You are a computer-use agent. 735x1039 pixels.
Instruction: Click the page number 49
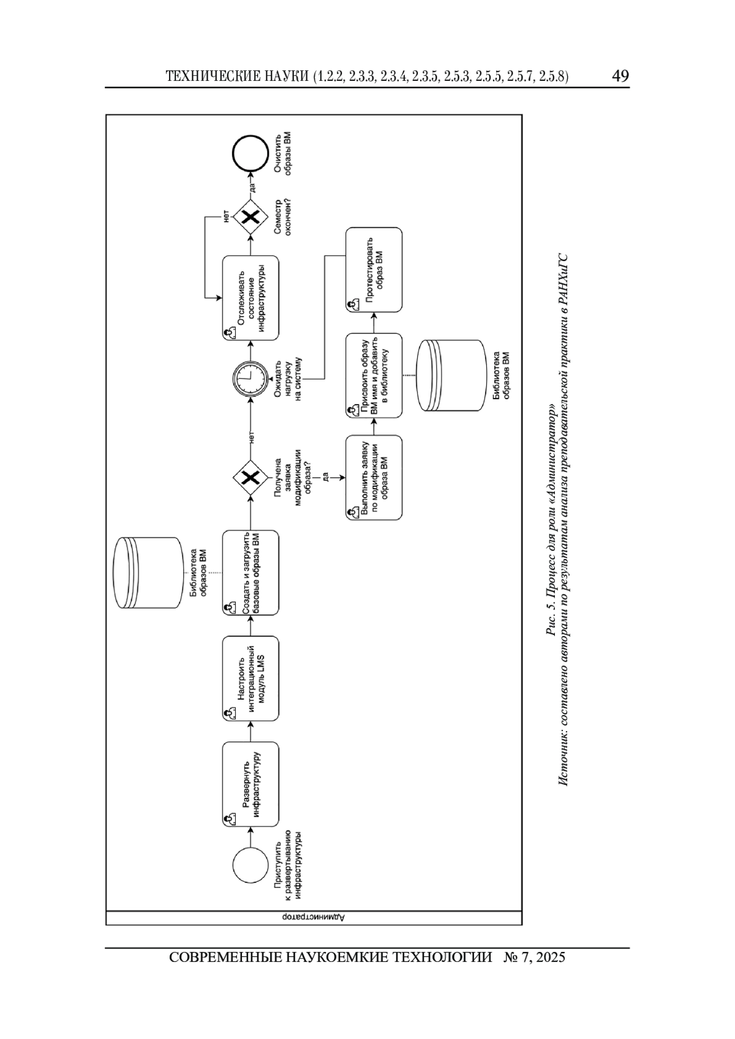[x=620, y=75]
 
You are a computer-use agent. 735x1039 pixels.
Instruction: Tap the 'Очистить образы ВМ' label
[x=283, y=154]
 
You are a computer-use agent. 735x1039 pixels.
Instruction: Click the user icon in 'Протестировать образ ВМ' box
[x=353, y=304]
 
